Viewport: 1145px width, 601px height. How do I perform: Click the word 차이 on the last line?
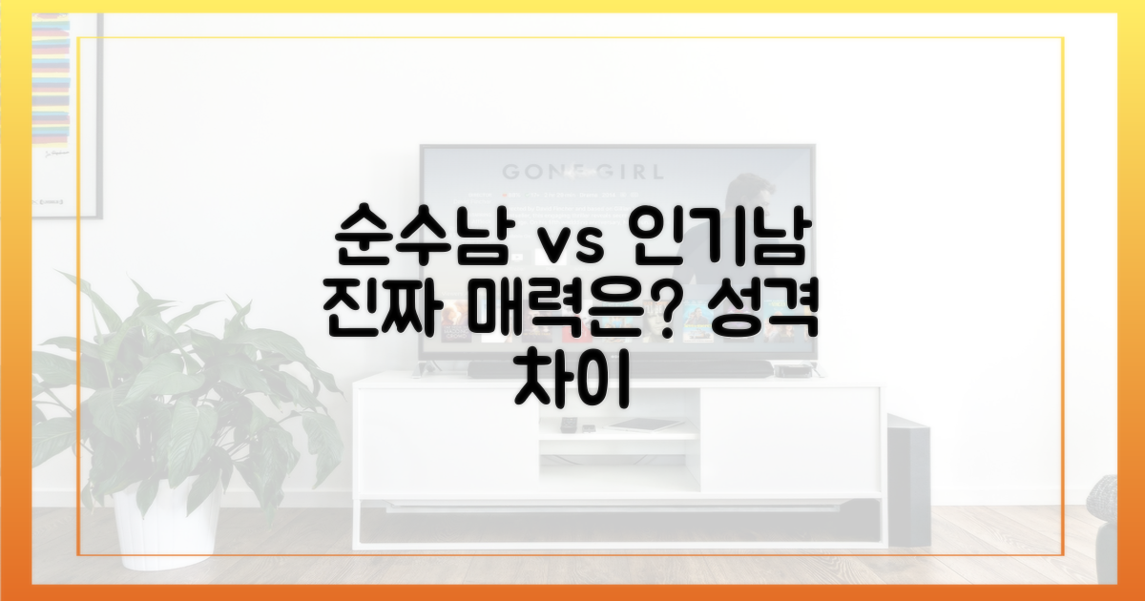[572, 385]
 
